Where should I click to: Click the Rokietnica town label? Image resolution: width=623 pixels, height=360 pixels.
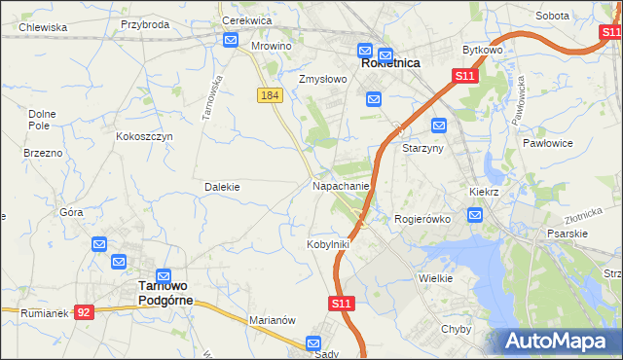(x=389, y=62)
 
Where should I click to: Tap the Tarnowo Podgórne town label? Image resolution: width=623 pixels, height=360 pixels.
(x=165, y=293)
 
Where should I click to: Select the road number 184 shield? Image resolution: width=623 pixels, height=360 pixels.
(x=270, y=94)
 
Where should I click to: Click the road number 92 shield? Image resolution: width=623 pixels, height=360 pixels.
(x=85, y=312)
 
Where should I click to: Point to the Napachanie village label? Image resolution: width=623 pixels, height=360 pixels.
(x=341, y=185)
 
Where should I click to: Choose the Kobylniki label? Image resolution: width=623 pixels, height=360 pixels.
(x=327, y=244)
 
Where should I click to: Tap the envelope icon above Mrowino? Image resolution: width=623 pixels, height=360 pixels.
(x=231, y=40)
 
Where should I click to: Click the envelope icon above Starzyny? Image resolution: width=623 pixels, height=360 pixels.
(x=439, y=125)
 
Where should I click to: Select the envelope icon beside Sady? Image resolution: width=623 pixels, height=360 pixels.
(x=313, y=342)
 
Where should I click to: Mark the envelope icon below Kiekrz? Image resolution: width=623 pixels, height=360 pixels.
(x=474, y=215)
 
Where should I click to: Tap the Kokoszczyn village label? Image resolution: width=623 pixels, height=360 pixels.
(x=144, y=137)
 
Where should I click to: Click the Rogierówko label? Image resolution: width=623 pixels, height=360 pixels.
(x=421, y=219)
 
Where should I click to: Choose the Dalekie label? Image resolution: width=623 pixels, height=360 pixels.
(x=222, y=186)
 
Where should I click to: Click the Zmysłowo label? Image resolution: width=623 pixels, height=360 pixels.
(x=322, y=80)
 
